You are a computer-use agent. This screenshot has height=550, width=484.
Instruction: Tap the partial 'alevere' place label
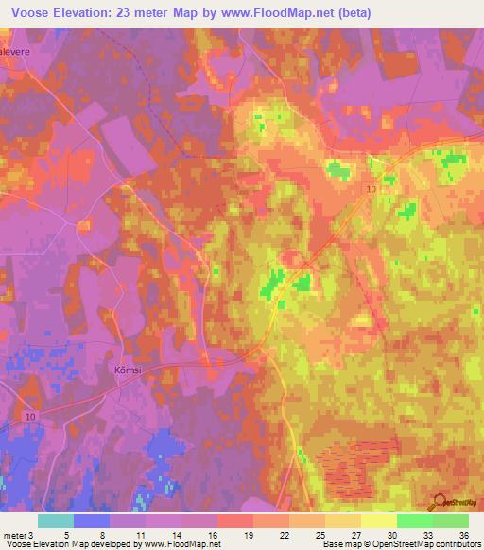(x=16, y=53)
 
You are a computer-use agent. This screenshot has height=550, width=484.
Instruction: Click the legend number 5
(x=66, y=534)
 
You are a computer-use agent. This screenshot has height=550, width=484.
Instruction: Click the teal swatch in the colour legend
(x=56, y=521)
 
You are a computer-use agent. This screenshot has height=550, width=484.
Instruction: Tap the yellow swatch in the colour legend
(x=379, y=521)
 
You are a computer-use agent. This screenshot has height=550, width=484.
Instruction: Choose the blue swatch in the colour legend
(x=92, y=521)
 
